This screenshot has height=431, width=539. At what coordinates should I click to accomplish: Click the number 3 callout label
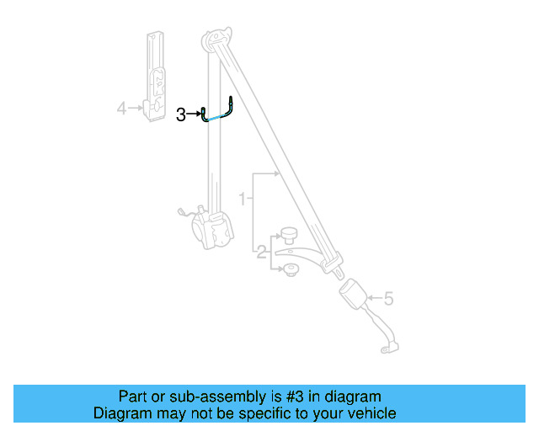pos(181,114)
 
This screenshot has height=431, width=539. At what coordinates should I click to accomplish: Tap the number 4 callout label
pos(121,108)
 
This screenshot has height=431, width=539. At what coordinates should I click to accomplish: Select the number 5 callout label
pos(388,298)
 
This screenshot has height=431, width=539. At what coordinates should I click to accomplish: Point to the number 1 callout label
pos(243,200)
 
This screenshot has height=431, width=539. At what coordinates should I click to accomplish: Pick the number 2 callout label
pos(262,251)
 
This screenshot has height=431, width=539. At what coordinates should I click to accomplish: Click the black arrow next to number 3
pos(194,114)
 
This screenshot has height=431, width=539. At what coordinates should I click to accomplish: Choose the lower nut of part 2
pos(289,269)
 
